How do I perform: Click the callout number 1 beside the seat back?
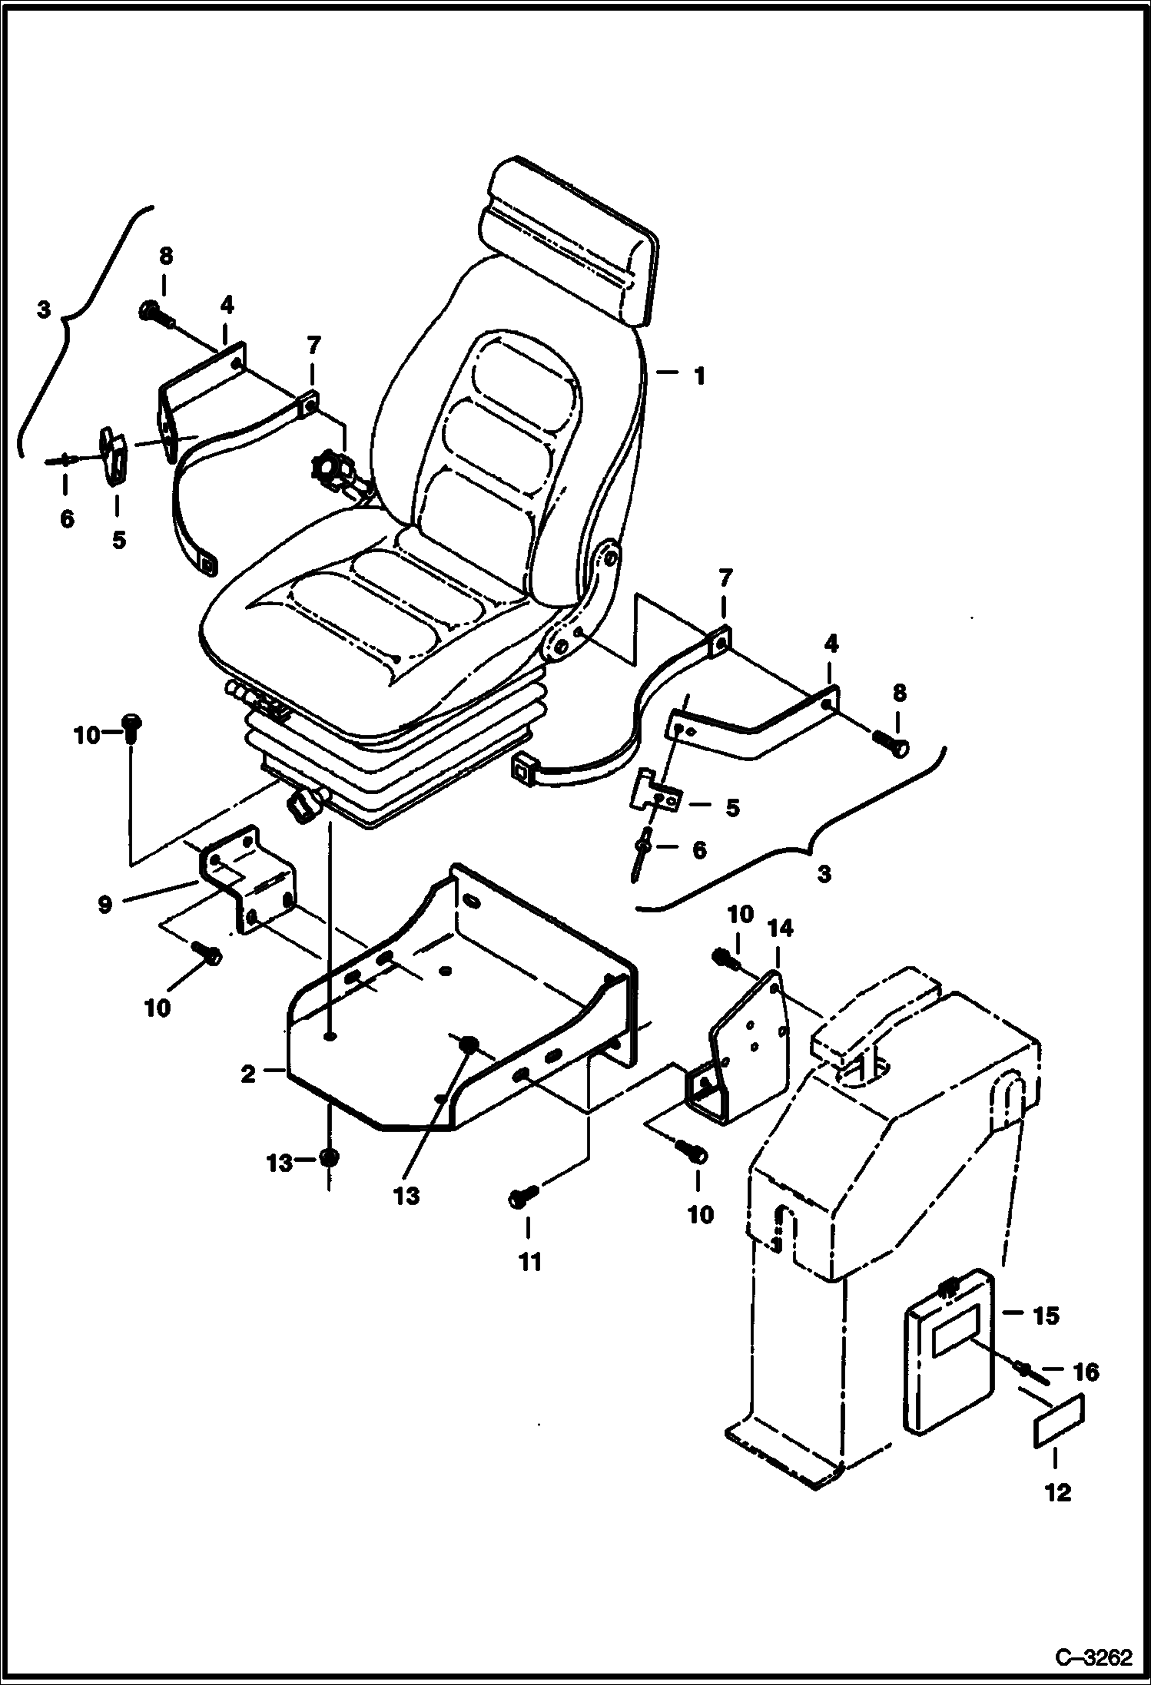coord(698,376)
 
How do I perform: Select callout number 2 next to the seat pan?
coord(248,1074)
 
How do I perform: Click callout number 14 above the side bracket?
coord(780,930)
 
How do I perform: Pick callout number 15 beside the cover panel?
coord(1046,1316)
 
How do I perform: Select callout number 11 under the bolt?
coord(530,1261)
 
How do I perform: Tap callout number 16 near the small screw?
coord(1085,1371)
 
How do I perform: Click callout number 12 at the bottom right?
coord(1058,1492)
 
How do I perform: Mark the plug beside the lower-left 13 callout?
coord(328,1157)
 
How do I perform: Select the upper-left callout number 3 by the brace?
coord(43,310)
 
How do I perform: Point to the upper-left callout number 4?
coord(226,306)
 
